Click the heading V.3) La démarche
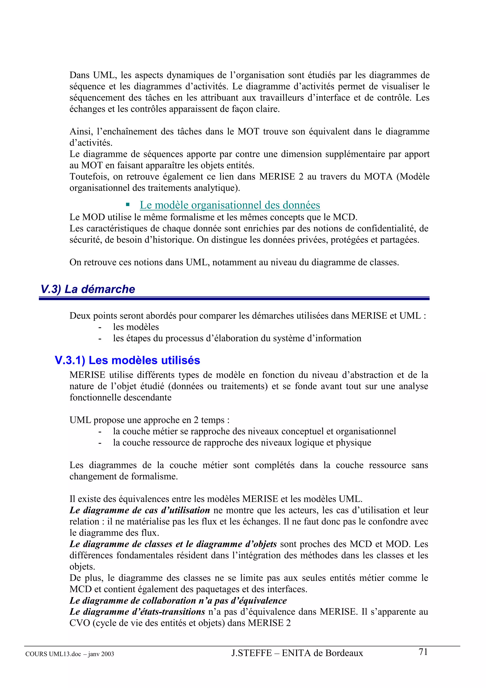click(88, 289)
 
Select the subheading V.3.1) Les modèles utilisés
click(127, 360)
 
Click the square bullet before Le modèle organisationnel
click(128, 205)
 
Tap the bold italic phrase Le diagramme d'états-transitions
click(137, 612)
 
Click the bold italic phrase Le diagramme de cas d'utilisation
click(140, 510)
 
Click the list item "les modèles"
click(136, 327)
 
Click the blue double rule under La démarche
click(234, 298)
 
